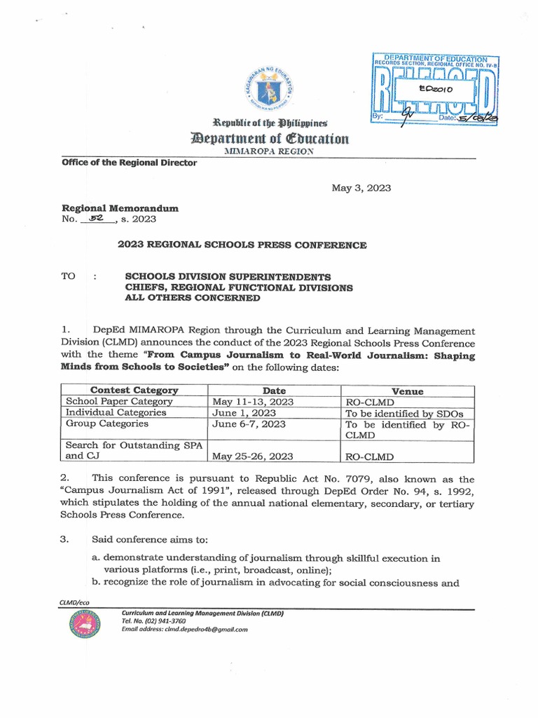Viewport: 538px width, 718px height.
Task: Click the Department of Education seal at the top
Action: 269,88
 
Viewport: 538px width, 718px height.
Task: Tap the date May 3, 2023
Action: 361,188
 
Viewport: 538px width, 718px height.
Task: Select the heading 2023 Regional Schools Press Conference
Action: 242,245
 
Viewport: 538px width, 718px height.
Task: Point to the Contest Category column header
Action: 134,391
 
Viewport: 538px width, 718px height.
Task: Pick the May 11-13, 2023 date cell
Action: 253,402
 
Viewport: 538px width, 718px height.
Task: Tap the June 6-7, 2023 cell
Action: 247,424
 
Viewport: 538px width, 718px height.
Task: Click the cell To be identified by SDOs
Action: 400,413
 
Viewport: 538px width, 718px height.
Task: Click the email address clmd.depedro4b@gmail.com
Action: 185,630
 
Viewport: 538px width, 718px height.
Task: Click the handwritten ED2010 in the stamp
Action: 436,89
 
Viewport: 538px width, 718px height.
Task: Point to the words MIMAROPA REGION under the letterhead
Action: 268,151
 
